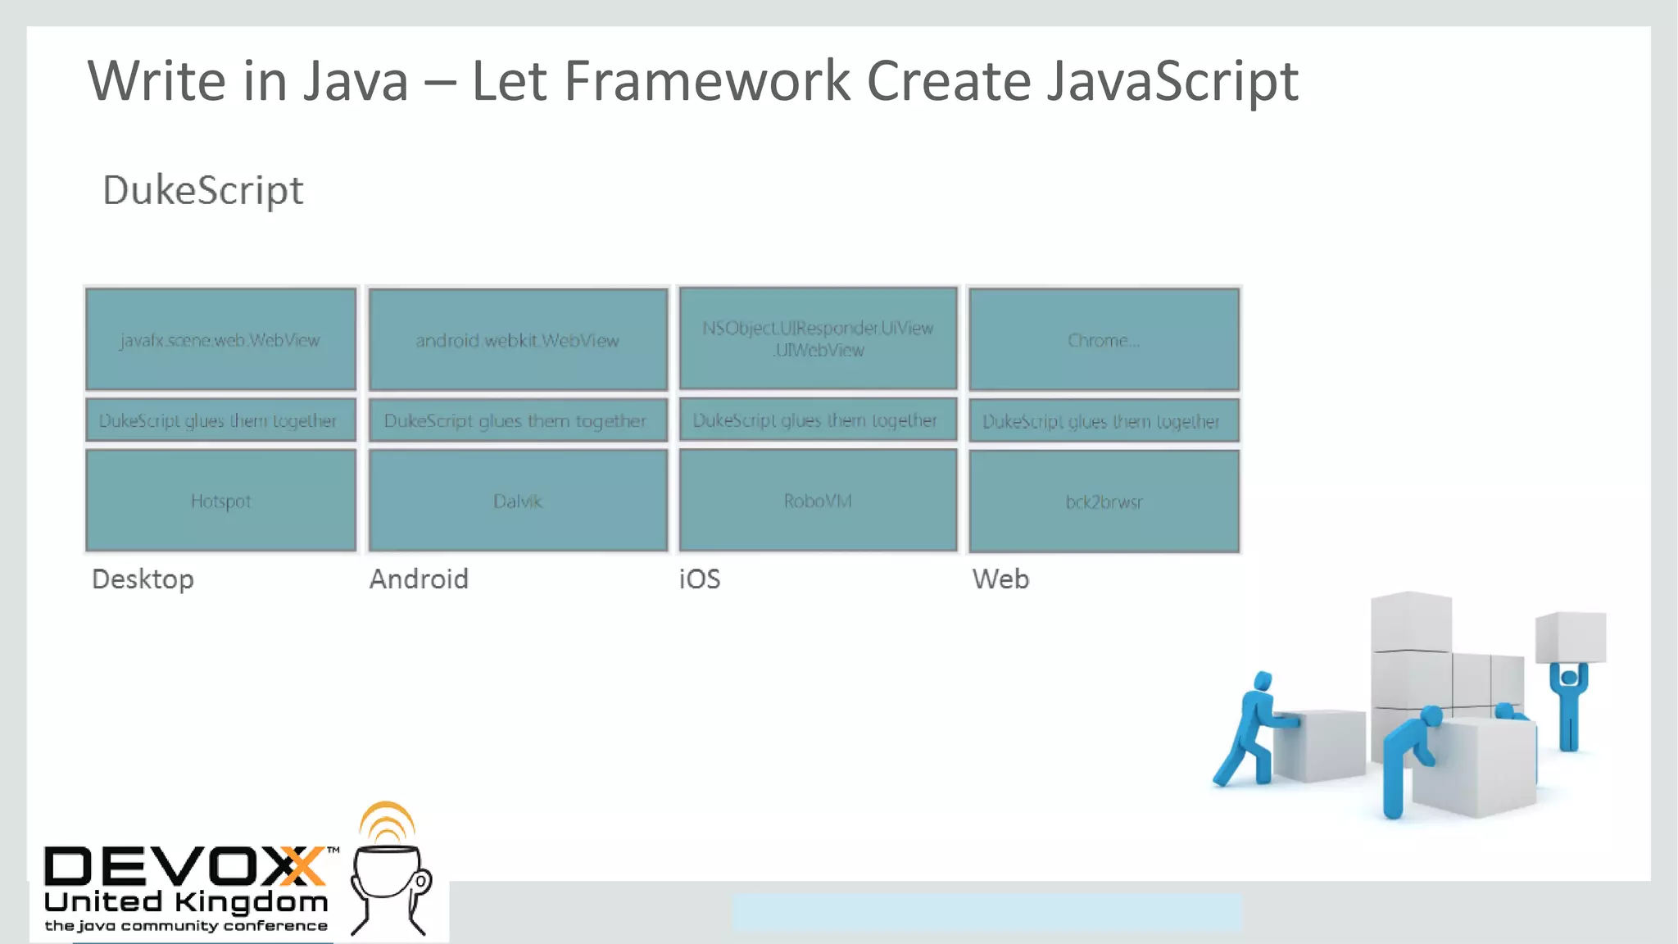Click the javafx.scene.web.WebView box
tap(220, 339)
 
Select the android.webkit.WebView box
tap(518, 339)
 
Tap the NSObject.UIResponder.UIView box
tap(818, 338)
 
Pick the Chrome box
tap(1104, 339)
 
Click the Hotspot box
tap(220, 501)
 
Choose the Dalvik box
tap(518, 501)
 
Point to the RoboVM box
tap(818, 500)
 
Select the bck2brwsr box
tap(1104, 501)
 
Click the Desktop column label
tap(143, 579)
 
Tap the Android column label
tap(419, 579)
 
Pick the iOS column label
tap(700, 579)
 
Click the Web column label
tap(1000, 579)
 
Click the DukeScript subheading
tap(203, 191)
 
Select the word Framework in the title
tap(707, 81)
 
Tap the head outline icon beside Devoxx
tap(390, 881)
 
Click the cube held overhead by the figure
tap(1570, 637)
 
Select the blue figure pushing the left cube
tap(1251, 729)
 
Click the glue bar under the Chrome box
tap(1104, 421)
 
